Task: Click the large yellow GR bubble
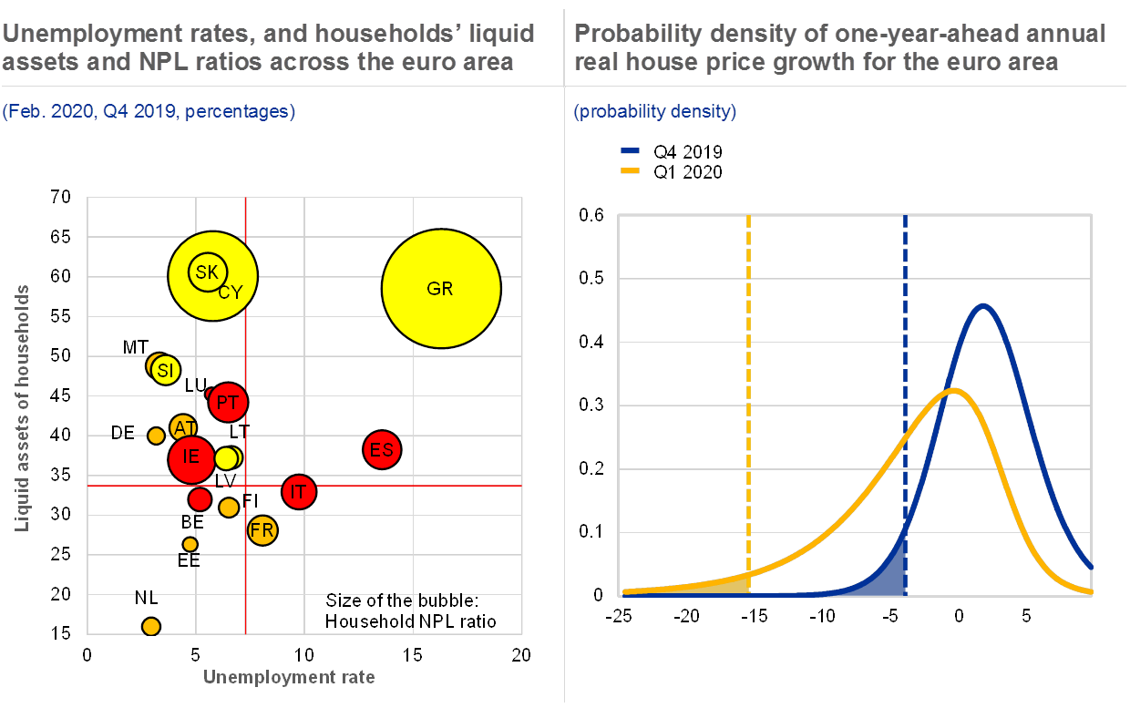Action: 441,288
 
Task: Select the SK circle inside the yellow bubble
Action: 207,271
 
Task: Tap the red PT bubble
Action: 228,402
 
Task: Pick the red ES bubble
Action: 382,449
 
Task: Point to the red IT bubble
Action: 298,492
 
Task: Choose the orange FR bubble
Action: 262,529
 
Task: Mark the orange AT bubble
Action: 184,427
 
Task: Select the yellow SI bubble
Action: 165,370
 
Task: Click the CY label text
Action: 231,292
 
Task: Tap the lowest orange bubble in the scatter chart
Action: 151,626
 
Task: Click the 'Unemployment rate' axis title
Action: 289,677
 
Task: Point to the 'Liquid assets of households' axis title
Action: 22,408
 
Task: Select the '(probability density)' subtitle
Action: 654,112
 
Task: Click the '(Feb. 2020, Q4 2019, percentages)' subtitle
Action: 149,112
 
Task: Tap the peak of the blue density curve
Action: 982,305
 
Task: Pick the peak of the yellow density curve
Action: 953,390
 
